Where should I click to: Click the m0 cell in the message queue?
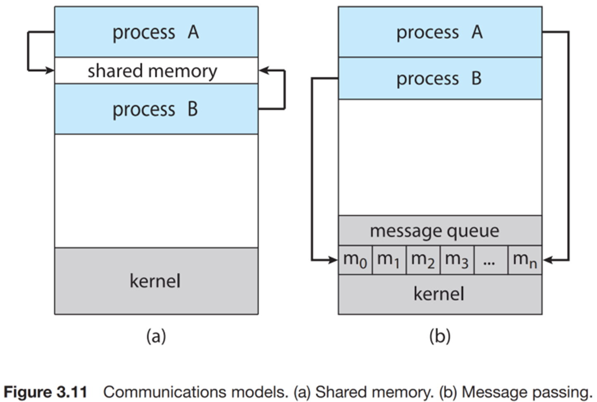point(355,260)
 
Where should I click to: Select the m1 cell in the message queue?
point(389,260)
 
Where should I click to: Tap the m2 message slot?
point(423,260)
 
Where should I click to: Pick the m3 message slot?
point(457,260)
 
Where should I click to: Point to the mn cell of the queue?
point(525,260)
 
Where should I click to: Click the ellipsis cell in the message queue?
point(491,260)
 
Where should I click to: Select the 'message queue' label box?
point(440,231)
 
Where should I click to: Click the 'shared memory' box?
point(156,71)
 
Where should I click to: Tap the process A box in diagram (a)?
point(156,32)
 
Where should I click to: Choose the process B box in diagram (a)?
point(156,109)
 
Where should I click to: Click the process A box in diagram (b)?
point(440,32)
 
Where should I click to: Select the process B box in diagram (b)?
point(440,78)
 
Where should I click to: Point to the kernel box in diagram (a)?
point(156,281)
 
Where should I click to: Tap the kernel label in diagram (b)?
point(439,294)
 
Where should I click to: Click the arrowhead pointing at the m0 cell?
point(333,260)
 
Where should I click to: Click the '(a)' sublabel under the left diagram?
point(156,336)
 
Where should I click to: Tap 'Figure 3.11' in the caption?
point(45,392)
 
